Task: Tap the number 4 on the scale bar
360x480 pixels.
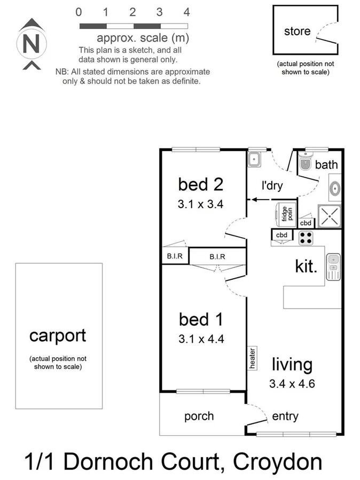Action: point(186,12)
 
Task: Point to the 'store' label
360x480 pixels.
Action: point(297,31)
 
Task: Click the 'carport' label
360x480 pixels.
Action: point(58,335)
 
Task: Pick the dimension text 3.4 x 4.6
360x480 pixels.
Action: point(292,383)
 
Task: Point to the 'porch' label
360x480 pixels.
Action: point(199,416)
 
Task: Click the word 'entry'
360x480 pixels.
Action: point(285,416)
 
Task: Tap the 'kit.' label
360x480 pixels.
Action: point(306,265)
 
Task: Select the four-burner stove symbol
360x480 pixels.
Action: point(306,238)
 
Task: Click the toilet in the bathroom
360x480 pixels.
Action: point(304,163)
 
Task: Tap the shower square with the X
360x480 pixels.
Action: point(330,216)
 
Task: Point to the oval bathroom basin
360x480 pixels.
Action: point(335,188)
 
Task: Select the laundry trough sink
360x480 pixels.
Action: point(254,158)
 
